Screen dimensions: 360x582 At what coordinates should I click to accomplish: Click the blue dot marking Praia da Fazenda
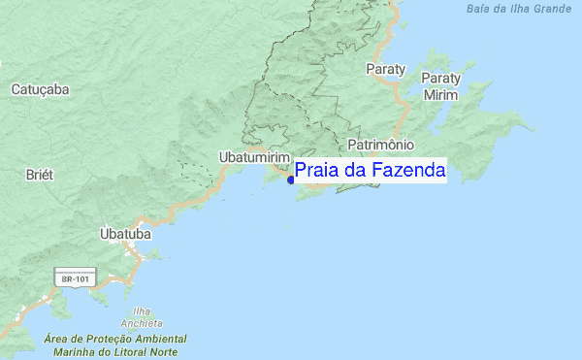coord(291,180)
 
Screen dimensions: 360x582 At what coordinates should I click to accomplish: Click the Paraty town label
coord(385,69)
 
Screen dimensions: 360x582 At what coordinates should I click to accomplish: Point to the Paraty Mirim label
coord(441,86)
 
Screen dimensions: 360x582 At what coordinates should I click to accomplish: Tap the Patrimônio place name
coord(381,143)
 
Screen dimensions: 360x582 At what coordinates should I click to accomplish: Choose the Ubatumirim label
coord(254,156)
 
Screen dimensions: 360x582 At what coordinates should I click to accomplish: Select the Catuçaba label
coord(40,89)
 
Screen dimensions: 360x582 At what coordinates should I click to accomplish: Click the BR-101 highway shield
coord(76,278)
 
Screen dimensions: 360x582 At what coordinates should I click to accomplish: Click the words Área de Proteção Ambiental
coord(115,340)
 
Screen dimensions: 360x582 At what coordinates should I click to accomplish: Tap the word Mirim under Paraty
coord(441,95)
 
